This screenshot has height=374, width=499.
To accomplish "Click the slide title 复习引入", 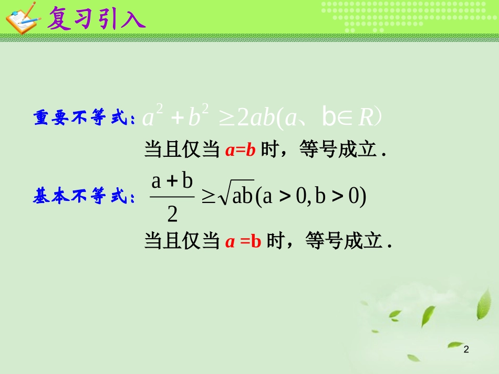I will [x=96, y=19].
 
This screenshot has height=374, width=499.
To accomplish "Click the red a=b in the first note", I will [x=240, y=151].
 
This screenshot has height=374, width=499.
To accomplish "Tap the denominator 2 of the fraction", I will [x=172, y=215].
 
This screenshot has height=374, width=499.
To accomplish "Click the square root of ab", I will [x=236, y=197].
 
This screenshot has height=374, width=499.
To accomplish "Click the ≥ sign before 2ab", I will [x=226, y=119].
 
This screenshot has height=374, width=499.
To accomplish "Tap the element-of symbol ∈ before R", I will [x=345, y=119].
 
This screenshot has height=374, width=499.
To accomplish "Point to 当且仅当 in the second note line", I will [x=182, y=242].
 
